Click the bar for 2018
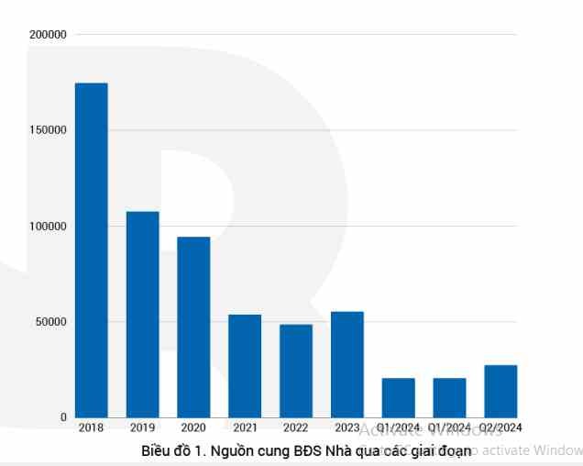tap(91, 250)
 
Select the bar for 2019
tap(142, 314)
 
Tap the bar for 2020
tap(193, 327)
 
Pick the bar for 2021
tap(245, 365)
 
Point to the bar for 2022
tap(296, 371)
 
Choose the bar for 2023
tap(347, 364)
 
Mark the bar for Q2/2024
tap(500, 391)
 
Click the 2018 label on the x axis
tap(91, 427)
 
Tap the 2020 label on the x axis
tap(193, 427)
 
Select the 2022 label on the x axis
tap(296, 427)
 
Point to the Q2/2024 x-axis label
tap(500, 427)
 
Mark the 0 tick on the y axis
tap(63, 417)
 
